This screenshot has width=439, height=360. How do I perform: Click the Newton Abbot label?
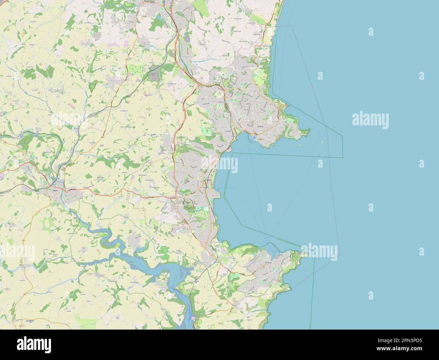[x=151, y=1]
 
